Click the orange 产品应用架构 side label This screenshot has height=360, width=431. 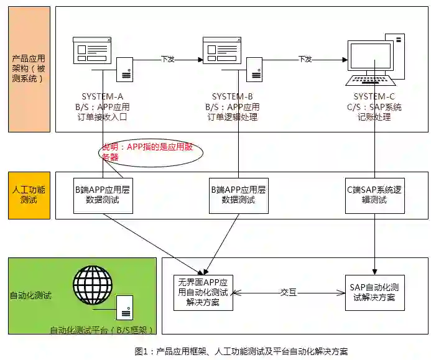point(29,68)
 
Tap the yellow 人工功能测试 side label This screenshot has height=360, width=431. point(29,195)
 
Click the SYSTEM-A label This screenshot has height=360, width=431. point(103,96)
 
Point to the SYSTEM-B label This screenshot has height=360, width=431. point(232,96)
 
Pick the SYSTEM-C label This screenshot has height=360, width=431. point(374,96)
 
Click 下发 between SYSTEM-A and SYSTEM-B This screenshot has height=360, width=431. point(168,59)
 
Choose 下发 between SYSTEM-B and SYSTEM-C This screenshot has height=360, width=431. point(305,59)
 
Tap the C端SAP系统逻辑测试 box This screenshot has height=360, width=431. point(374,194)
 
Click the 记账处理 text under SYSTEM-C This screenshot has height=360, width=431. point(374,117)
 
